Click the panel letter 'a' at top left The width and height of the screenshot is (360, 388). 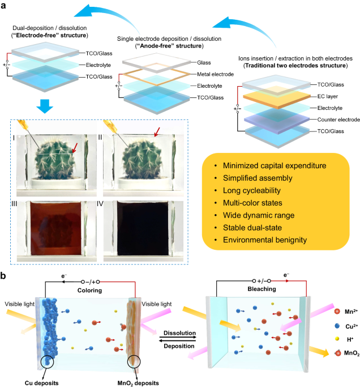pyautogui.click(x=6, y=6)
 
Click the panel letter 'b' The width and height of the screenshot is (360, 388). pyautogui.click(x=6, y=277)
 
